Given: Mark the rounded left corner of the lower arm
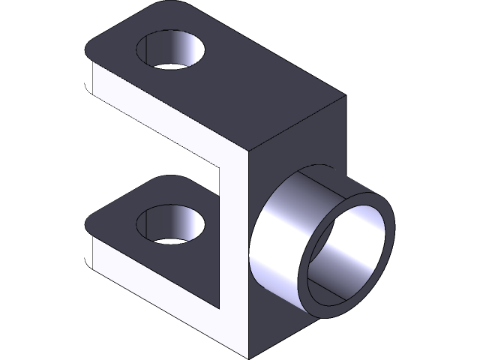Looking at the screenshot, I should pos(90,225).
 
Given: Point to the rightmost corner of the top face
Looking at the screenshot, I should pos(345,97).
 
